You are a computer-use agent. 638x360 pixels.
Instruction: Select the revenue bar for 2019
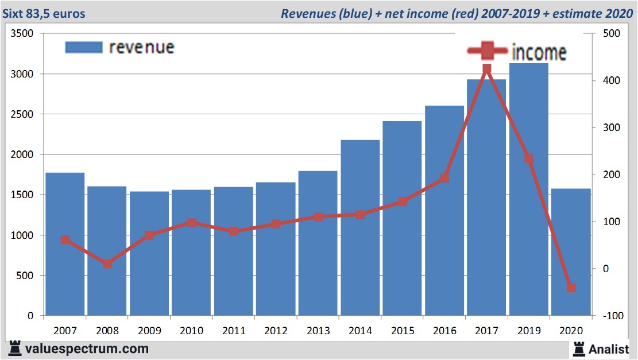click(528, 189)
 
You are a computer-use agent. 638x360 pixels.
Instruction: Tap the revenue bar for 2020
click(571, 253)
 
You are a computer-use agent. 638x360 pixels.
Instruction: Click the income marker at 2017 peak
click(486, 69)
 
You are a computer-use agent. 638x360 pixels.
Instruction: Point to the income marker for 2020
click(571, 288)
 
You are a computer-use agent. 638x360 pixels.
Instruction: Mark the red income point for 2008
click(107, 264)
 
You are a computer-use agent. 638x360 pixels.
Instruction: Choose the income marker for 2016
click(444, 178)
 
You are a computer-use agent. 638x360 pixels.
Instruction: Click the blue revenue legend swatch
click(84, 48)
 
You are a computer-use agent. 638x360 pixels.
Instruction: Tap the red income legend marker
click(487, 51)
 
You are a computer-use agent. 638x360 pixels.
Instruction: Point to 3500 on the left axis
click(23, 34)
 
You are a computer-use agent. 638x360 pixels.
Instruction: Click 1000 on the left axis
click(23, 235)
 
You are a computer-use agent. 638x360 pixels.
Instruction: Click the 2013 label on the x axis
click(318, 331)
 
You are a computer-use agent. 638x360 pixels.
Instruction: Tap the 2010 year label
click(191, 331)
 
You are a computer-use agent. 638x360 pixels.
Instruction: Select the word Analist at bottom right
click(609, 349)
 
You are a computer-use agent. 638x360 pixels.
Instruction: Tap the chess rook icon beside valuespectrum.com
click(14, 348)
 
